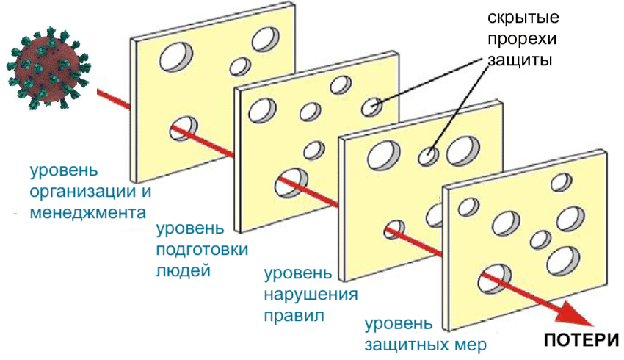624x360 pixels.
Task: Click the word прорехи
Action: coord(520,39)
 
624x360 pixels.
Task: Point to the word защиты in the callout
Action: coord(519,60)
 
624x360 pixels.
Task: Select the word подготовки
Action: coord(202,249)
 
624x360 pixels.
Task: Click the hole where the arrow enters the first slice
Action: coord(183,127)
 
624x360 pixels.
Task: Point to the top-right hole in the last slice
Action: coord(562,181)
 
